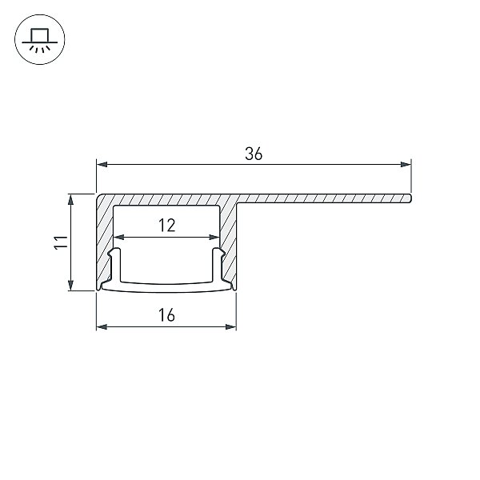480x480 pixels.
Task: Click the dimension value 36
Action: click(x=254, y=154)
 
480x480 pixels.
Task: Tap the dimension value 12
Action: click(x=167, y=226)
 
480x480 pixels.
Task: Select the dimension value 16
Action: click(x=167, y=315)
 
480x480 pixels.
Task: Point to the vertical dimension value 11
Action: click(x=61, y=242)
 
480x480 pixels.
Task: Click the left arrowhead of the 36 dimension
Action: click(x=102, y=165)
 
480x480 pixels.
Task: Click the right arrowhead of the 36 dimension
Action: click(x=406, y=165)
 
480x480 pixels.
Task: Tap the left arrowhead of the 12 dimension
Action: click(x=118, y=238)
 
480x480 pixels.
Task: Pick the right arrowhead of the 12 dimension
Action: click(x=214, y=238)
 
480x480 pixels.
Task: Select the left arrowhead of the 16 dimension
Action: click(x=102, y=327)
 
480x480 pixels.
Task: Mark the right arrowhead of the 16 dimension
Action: click(x=231, y=327)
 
